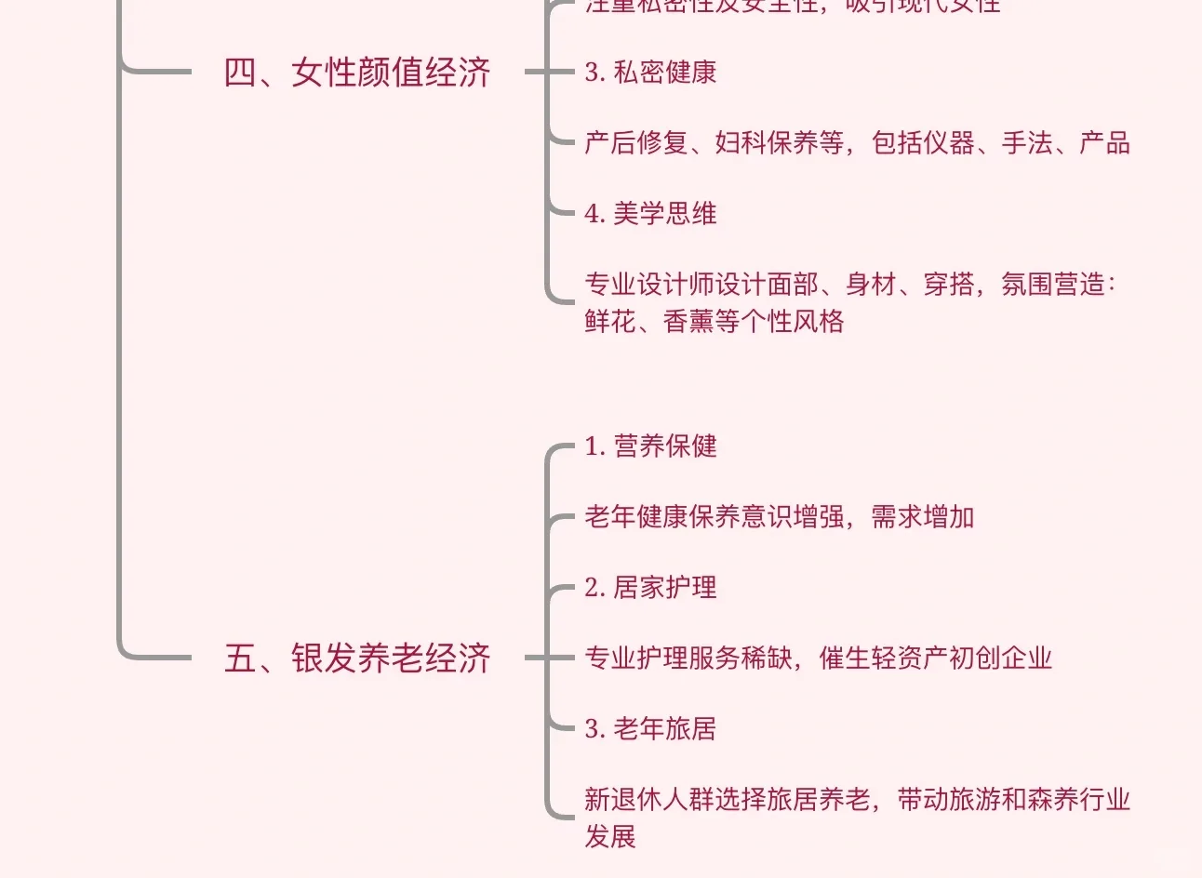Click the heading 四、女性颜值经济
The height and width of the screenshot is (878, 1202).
click(x=357, y=73)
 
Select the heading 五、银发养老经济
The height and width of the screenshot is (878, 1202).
click(x=357, y=658)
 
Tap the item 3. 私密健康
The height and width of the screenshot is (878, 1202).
click(x=650, y=73)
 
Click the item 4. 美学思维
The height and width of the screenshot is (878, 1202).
click(x=650, y=214)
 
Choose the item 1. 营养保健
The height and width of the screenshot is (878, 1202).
click(x=650, y=446)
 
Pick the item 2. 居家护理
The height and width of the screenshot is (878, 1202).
click(x=650, y=588)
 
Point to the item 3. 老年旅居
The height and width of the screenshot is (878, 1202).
click(x=650, y=729)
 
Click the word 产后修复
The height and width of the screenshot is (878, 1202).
click(x=635, y=143)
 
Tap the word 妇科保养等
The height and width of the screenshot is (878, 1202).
click(x=780, y=143)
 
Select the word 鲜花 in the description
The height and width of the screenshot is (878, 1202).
click(x=610, y=322)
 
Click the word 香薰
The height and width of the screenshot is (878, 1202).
click(x=688, y=322)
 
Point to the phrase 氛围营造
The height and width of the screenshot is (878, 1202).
click(x=1053, y=285)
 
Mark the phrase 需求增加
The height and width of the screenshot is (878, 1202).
click(x=923, y=517)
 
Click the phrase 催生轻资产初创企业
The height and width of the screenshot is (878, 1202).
click(x=936, y=658)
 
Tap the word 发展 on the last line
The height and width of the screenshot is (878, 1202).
click(x=610, y=836)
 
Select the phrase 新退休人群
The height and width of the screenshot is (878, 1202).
click(x=648, y=800)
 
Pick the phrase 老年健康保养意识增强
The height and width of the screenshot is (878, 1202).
click(x=714, y=517)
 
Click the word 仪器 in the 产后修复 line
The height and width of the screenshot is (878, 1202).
click(x=948, y=143)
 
